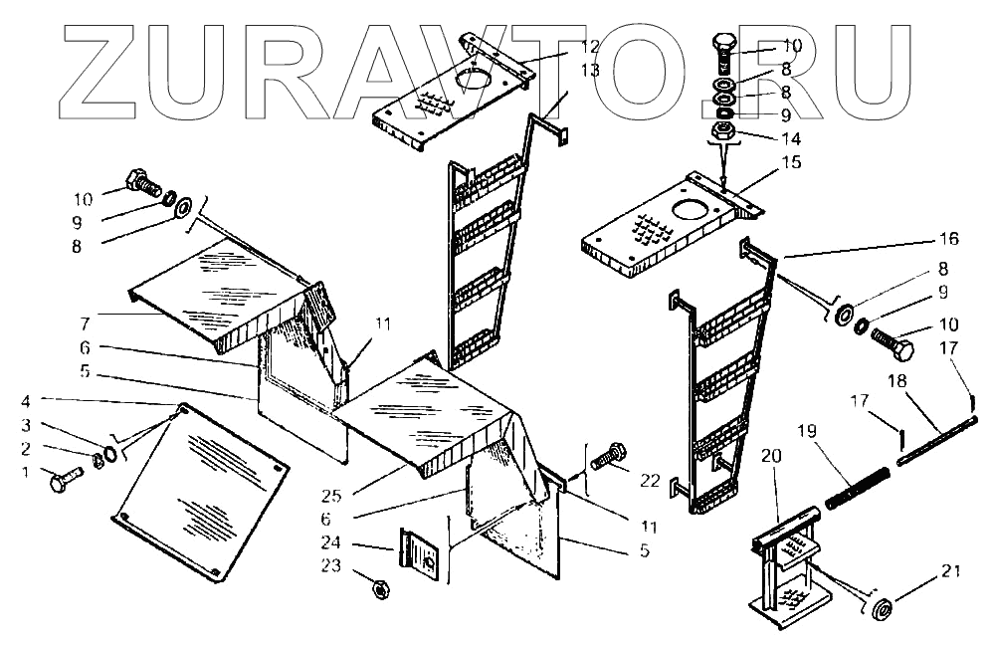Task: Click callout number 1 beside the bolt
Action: coord(26,472)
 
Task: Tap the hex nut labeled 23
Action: coord(379,588)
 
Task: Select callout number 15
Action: coord(791,160)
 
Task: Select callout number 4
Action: coord(26,403)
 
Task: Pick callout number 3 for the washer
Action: coord(26,426)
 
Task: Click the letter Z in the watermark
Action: coord(115,66)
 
